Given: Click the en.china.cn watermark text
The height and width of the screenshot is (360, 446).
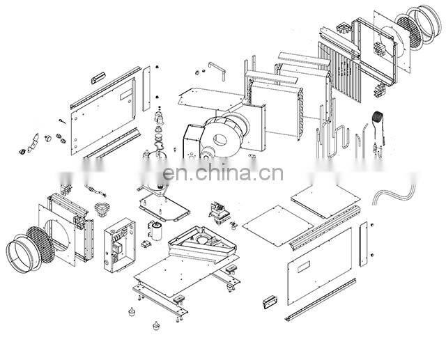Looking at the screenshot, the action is click(x=223, y=171).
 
